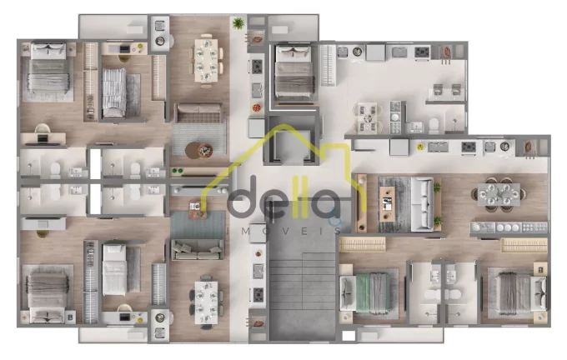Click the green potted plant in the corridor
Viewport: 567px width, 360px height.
point(238,23)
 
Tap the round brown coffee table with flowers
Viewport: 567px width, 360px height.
point(198,150)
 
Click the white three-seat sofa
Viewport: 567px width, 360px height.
point(422,204)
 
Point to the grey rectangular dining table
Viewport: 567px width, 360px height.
point(499,194)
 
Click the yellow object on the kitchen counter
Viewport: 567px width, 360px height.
point(419,147)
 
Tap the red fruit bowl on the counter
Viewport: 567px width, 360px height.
point(256,107)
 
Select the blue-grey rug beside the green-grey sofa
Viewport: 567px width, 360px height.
point(198,225)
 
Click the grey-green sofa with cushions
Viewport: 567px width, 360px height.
point(198,250)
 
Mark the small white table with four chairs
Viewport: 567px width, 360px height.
point(368,117)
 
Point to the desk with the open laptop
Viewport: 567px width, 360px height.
point(43,139)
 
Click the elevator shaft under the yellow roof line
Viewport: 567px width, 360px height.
point(292,142)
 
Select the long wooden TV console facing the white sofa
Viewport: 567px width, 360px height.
point(361,203)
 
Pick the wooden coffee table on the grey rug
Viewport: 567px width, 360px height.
point(387,203)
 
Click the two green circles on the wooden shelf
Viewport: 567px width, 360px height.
point(178,171)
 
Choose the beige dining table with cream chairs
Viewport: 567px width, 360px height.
point(206,60)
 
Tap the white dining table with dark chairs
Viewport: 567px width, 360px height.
point(206,302)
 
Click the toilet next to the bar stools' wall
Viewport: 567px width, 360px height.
point(434,126)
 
